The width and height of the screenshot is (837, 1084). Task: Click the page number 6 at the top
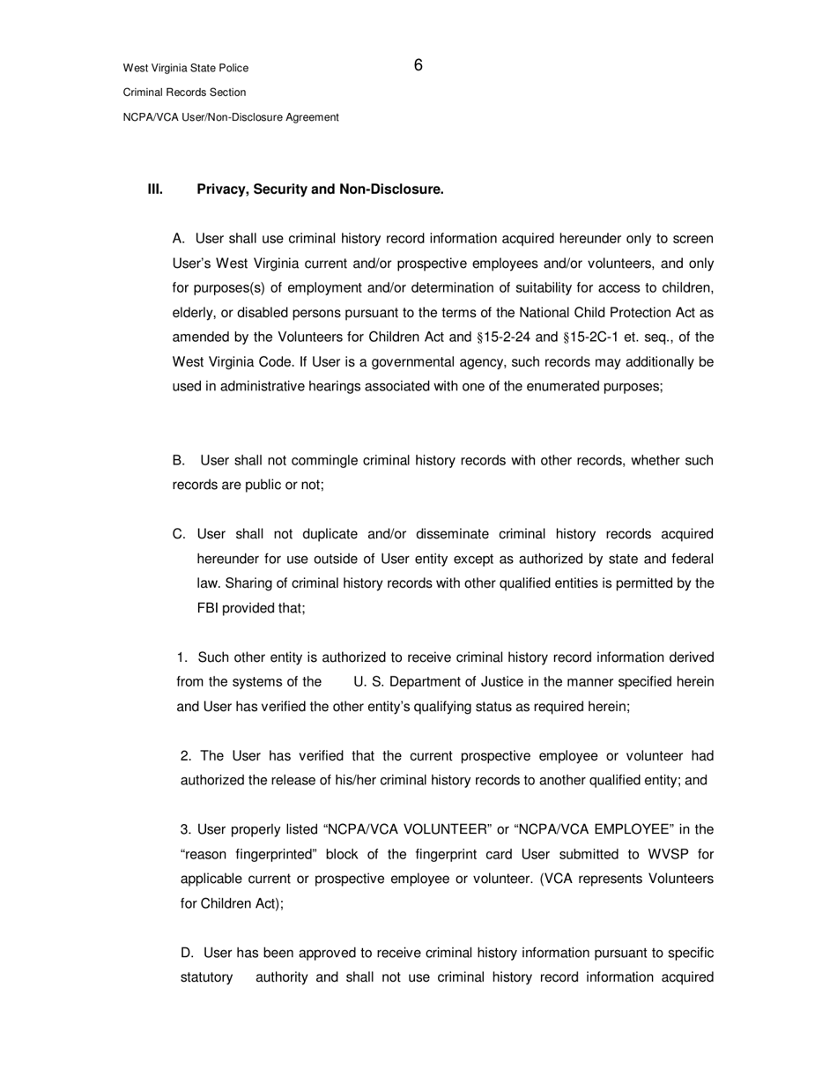click(418, 65)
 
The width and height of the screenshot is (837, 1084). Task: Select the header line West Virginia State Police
click(185, 68)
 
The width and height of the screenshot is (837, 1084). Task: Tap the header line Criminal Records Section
click(184, 93)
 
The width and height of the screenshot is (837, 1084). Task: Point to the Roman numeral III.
click(155, 189)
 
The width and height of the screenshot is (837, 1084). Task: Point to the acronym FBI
click(208, 608)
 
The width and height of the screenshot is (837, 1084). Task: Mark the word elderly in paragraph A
click(194, 313)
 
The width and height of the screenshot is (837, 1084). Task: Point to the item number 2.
click(185, 755)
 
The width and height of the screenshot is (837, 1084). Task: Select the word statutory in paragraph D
click(206, 977)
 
